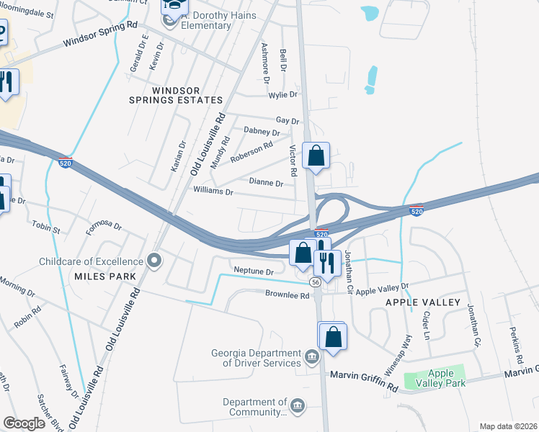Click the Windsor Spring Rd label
pos(100,35)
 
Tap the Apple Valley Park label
pos(441,378)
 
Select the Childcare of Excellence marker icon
pos(153,261)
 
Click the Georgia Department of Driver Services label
pos(256,358)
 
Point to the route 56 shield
pos(316,282)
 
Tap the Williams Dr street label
pos(214,192)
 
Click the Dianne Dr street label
pos(266,183)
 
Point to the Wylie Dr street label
pos(283,94)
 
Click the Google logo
pos(24,423)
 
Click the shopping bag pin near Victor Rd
pos(316,156)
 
